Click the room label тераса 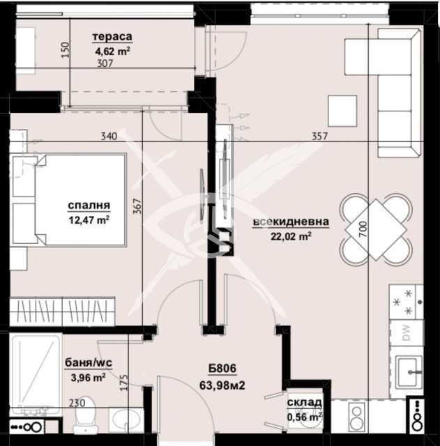[x=112, y=38]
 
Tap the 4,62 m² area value [x=113, y=50]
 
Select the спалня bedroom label [x=89, y=206]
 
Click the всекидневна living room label [x=291, y=222]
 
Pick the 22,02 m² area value [x=291, y=236]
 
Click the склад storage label [x=305, y=403]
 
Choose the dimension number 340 [x=108, y=136]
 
